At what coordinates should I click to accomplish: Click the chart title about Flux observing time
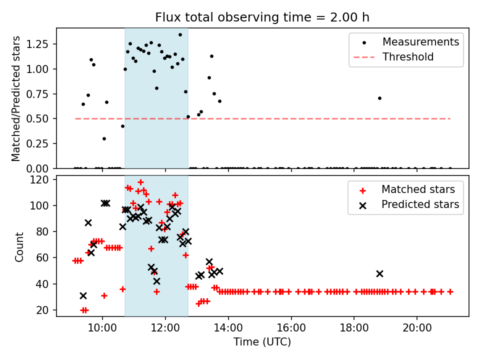[262, 17]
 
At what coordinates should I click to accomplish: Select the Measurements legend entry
[420, 41]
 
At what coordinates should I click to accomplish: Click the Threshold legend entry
[408, 57]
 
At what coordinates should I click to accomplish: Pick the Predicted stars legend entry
[420, 204]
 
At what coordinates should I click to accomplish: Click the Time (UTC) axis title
[262, 342]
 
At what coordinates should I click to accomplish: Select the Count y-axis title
[19, 246]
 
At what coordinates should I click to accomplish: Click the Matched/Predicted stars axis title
[16, 98]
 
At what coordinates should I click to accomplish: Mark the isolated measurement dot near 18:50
[379, 98]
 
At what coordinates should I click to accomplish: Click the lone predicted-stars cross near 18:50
[379, 273]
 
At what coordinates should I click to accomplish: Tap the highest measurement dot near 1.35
[180, 34]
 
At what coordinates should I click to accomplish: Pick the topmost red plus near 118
[140, 182]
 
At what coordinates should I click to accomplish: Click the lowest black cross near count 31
[83, 296]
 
